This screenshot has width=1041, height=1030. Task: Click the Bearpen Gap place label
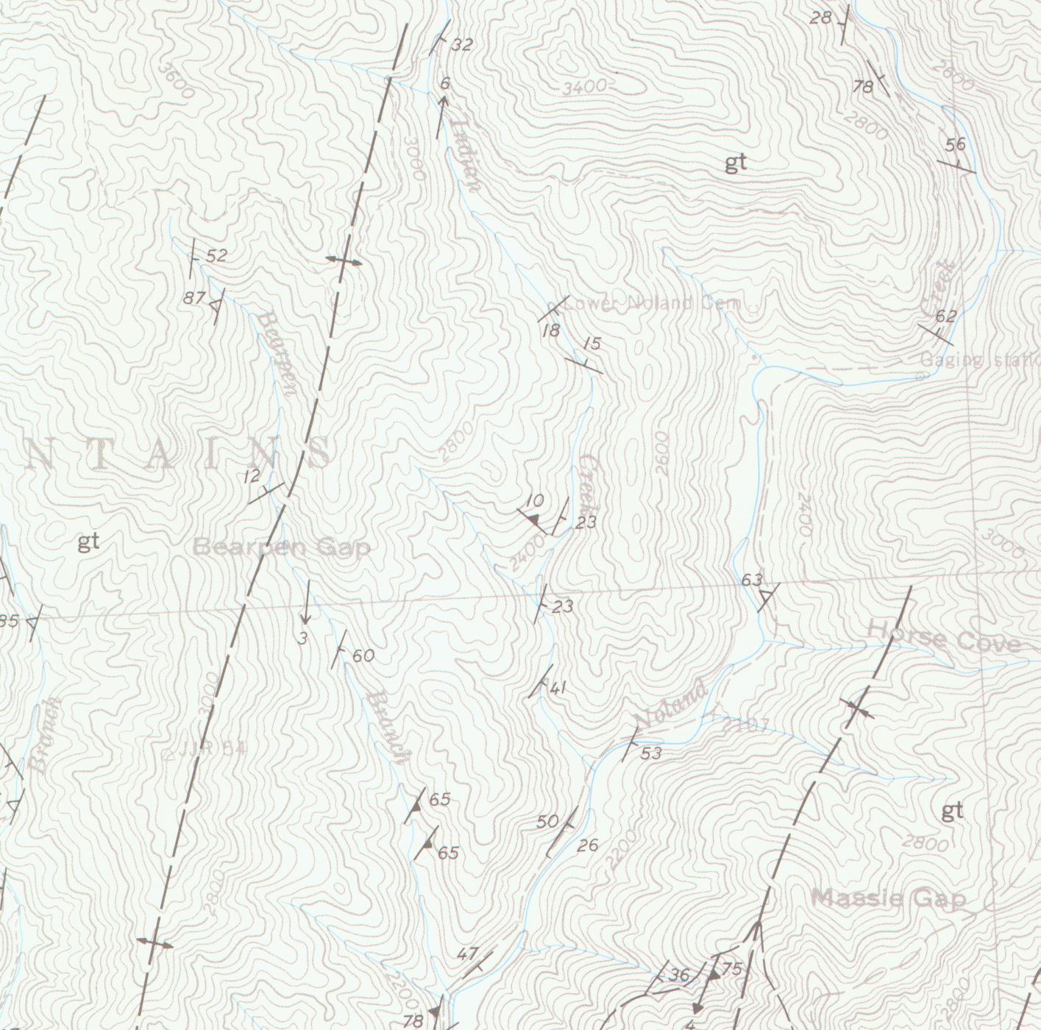tap(282, 547)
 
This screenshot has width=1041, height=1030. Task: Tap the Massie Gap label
tap(888, 898)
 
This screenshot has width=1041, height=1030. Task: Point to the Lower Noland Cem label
tap(653, 303)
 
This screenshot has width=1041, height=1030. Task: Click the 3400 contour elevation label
tap(584, 87)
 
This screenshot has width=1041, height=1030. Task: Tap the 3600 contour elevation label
tap(177, 80)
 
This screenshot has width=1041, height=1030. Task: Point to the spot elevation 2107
tap(745, 725)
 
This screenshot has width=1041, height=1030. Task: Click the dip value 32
tap(461, 45)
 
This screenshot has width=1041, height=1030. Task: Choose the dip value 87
tap(194, 298)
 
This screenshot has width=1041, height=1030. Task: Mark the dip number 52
tap(216, 256)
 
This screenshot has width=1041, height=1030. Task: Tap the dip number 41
tap(558, 689)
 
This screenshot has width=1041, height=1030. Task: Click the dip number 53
tap(651, 753)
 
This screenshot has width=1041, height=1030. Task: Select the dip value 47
tap(467, 954)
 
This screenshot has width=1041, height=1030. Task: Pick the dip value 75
tap(732, 969)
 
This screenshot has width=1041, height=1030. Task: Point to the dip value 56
tap(955, 144)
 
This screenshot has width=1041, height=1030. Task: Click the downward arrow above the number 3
tap(306, 603)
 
